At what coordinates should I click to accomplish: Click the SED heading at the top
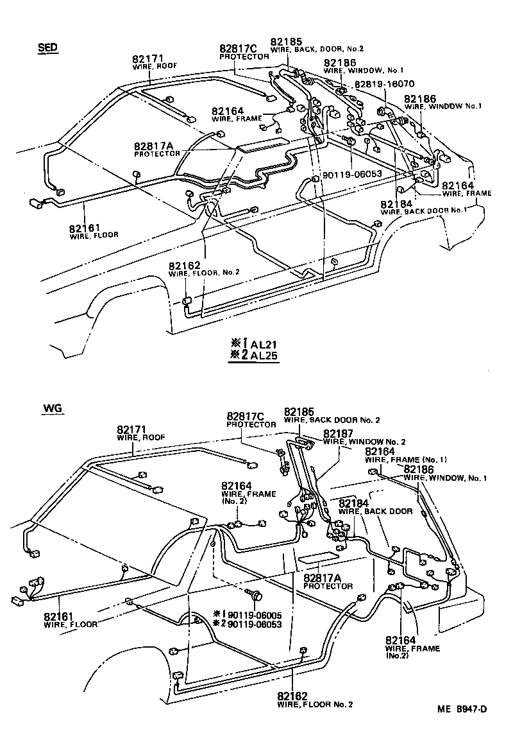coord(48,47)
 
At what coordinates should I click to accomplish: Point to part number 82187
coord(339,433)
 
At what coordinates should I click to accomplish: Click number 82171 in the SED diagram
coord(148,58)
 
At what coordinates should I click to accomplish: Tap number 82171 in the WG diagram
coord(133,429)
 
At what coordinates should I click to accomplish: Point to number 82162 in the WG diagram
coord(293,696)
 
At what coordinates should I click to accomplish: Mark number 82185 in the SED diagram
coord(285,40)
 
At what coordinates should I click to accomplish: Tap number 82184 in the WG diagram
coord(355,503)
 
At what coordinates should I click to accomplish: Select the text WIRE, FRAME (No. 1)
coord(406,460)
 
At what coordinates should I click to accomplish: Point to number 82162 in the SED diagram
coord(185,264)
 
